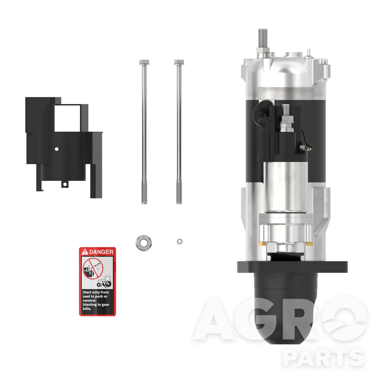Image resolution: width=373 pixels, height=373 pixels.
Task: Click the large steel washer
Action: [144, 243]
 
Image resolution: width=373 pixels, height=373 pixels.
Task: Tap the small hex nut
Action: [180, 242]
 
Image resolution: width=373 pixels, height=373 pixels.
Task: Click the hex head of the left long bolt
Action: [144, 62]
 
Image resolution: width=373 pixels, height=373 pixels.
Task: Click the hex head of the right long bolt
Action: [179, 62]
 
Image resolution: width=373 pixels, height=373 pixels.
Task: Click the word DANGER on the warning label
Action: [101, 252]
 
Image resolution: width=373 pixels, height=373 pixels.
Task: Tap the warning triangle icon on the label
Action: [85, 252]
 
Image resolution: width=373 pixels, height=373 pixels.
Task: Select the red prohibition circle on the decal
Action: [93, 269]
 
